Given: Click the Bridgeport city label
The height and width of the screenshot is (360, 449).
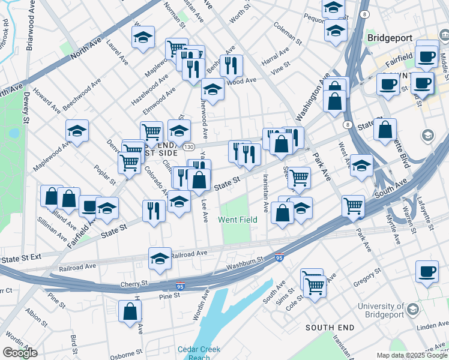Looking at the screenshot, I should click(x=390, y=37).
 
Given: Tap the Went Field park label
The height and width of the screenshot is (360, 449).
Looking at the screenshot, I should click(x=238, y=220).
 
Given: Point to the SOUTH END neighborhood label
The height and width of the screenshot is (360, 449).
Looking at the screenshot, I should click(x=330, y=328).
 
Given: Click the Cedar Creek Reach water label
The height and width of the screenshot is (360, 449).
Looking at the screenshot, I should click(x=199, y=353).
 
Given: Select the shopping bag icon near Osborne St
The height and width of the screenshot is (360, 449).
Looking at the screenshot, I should click(x=130, y=312).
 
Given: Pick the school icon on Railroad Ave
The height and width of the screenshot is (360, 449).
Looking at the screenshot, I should click(x=160, y=259).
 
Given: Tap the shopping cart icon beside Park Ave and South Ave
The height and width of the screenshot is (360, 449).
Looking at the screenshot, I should click(x=354, y=206).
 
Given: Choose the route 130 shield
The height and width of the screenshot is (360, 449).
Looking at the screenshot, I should click(x=190, y=147).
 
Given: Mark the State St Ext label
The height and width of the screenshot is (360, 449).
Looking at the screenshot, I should click(x=21, y=258).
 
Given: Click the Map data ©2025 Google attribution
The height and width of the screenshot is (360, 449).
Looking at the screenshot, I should click(x=412, y=355).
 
